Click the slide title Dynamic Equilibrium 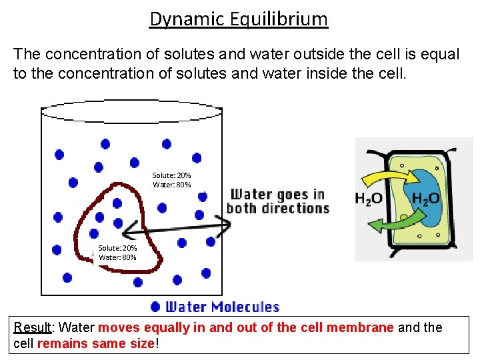pyautogui.click(x=239, y=19)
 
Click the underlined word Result pyautogui.click(x=33, y=327)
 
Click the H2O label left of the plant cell pyautogui.click(x=368, y=199)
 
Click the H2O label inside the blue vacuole pyautogui.click(x=425, y=199)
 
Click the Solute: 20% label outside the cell pyautogui.click(x=171, y=175)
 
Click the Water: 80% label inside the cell pyautogui.click(x=117, y=257)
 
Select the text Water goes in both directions pyautogui.click(x=278, y=201)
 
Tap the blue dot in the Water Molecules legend pyautogui.click(x=155, y=307)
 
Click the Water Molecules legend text pyautogui.click(x=222, y=307)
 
